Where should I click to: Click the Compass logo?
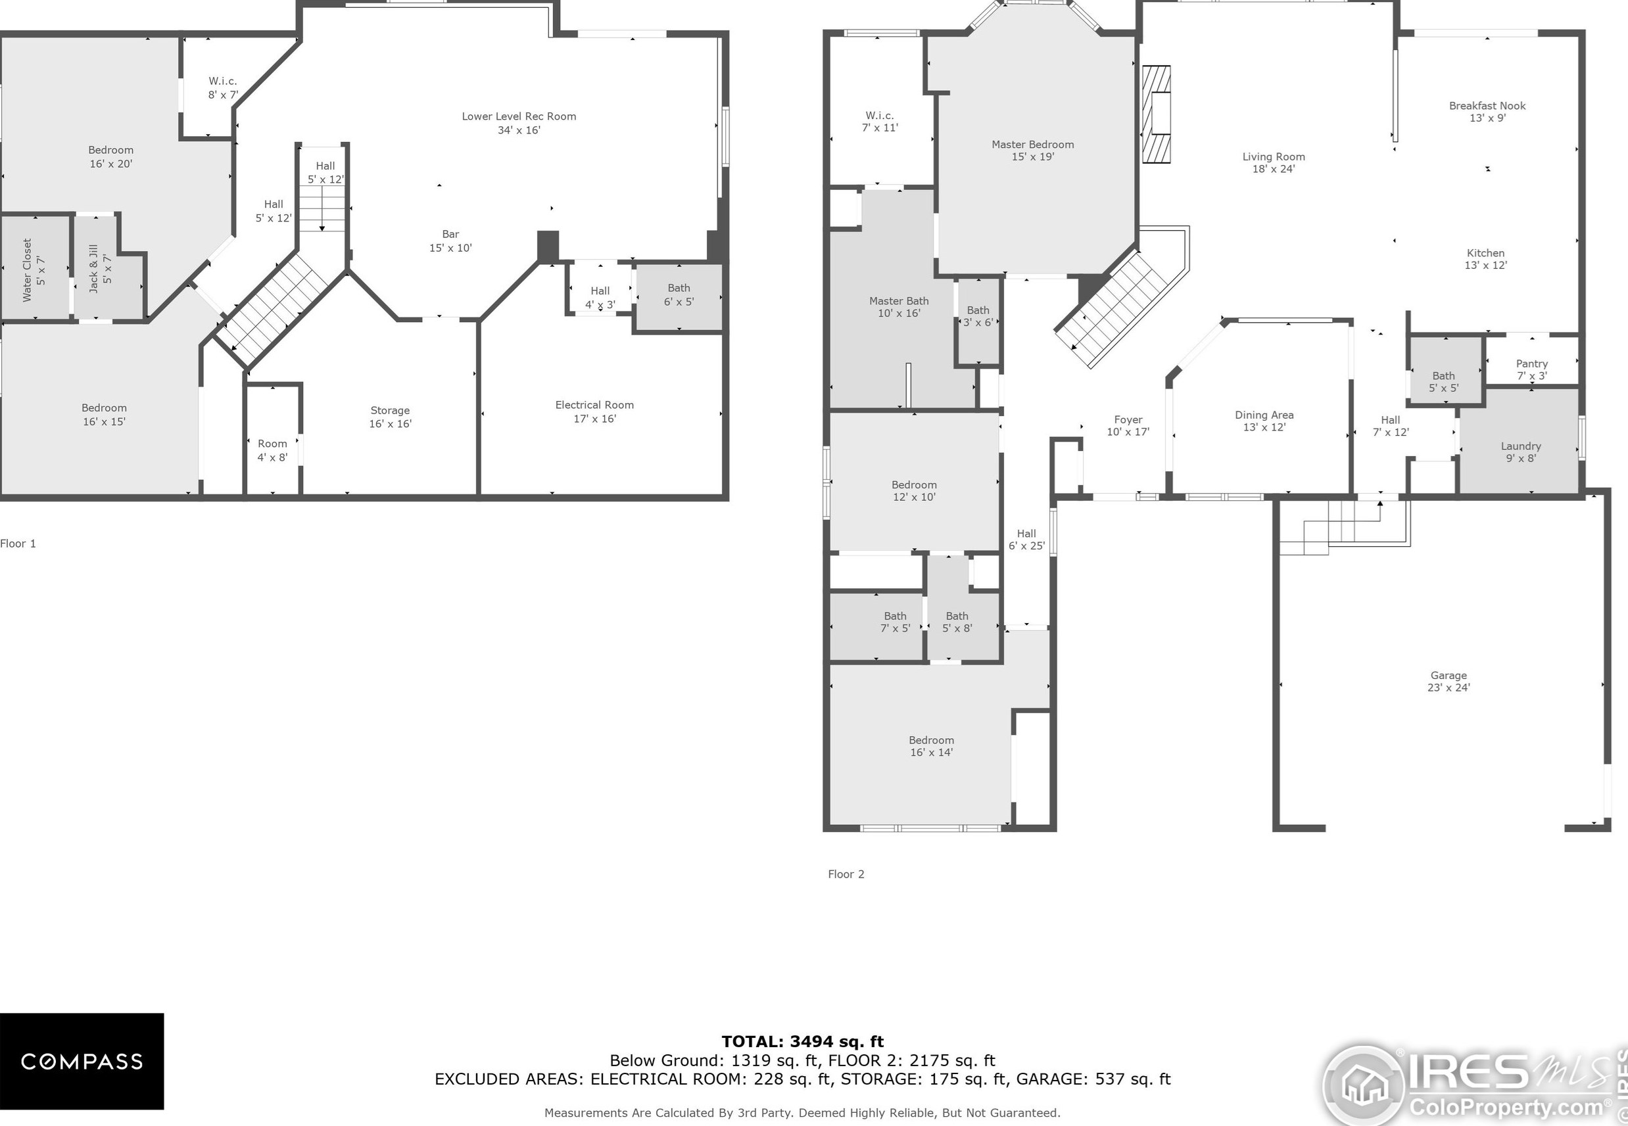(82, 1061)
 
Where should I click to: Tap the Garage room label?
(1448, 681)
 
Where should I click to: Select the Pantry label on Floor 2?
(1531, 369)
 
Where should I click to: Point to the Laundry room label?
(1521, 452)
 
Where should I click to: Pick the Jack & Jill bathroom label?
(99, 268)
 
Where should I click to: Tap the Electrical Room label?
(594, 411)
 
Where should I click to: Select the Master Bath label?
(898, 307)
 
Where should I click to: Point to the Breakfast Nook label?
(1487, 112)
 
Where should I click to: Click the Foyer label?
(1128, 425)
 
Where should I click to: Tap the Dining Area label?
(1264, 421)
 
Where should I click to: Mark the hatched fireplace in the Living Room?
(1156, 114)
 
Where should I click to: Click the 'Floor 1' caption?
(18, 543)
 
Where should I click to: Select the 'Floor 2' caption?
(846, 874)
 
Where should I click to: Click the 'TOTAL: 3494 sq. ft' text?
(802, 1041)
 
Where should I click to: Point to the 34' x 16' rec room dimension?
(519, 129)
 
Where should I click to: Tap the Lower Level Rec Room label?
(519, 116)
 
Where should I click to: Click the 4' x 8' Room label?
(272, 450)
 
